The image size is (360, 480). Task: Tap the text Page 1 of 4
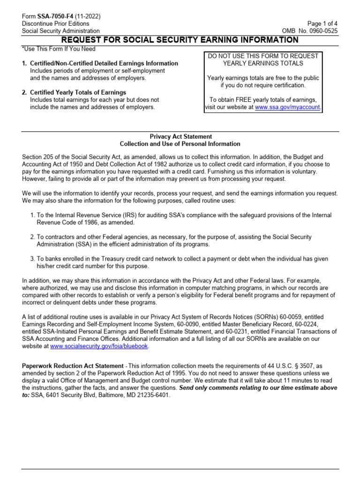tap(323, 23)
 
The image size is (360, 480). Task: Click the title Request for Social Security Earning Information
tap(180, 40)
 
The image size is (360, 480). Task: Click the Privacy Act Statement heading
tap(180, 136)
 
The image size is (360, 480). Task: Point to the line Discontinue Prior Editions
tap(56, 23)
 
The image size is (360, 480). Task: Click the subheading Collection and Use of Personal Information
tap(180, 144)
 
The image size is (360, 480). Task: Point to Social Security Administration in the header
tap(61, 31)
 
